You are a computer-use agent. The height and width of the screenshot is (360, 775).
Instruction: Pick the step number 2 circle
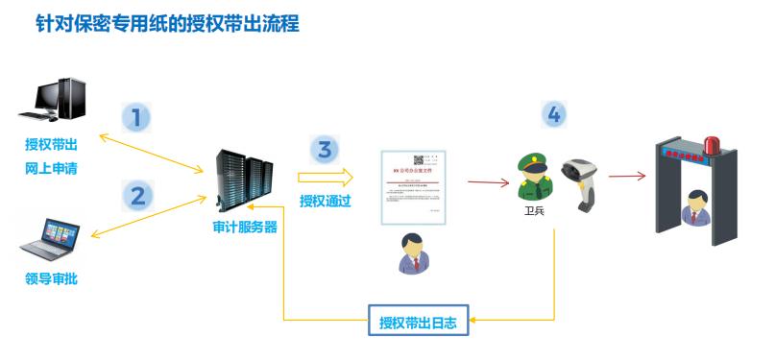point(138,196)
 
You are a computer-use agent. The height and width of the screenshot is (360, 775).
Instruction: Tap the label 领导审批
point(52,279)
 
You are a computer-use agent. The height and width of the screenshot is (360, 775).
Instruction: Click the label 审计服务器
point(245,228)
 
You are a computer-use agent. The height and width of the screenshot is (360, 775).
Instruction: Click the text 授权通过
point(326,202)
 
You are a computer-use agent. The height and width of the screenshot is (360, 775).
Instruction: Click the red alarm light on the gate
point(713,145)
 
